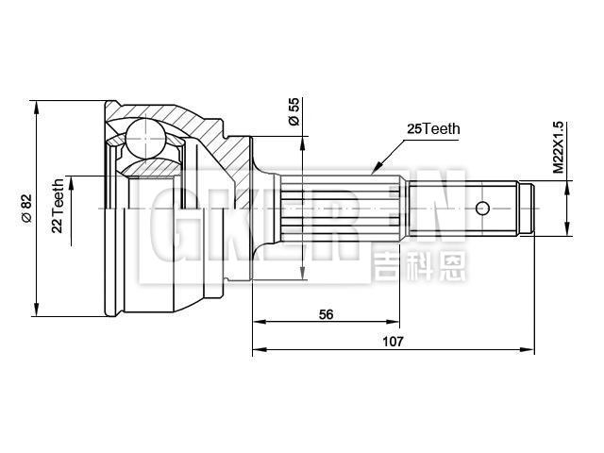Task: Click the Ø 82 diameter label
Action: pos(26,208)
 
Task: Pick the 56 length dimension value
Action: pos(327,314)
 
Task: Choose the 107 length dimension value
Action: pos(394,342)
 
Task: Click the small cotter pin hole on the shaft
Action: pos(482,208)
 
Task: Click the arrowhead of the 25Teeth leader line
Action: pos(375,173)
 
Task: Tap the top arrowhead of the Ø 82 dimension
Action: pos(36,104)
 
